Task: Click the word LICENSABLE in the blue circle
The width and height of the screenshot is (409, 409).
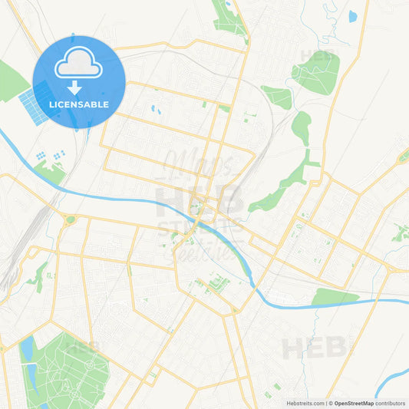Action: tap(79, 104)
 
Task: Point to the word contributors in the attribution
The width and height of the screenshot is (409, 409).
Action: tap(391, 402)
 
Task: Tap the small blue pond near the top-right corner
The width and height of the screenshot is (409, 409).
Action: tap(352, 15)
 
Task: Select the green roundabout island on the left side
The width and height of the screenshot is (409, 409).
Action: tap(71, 220)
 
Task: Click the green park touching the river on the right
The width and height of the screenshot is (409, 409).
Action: tap(334, 297)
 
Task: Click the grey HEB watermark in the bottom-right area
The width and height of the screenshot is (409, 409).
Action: tap(311, 348)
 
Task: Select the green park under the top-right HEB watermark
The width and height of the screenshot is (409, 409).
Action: tap(316, 73)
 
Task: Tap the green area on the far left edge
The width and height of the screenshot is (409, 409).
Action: tap(12, 81)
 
